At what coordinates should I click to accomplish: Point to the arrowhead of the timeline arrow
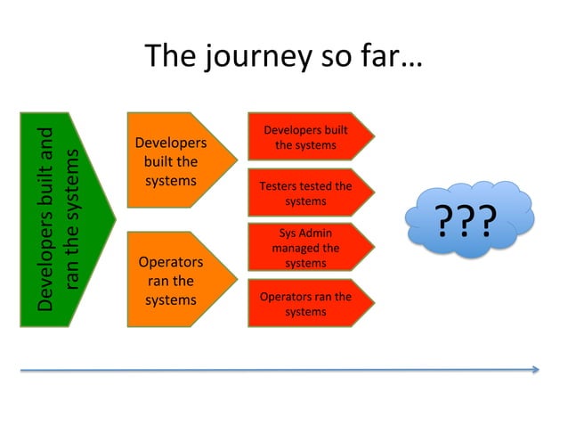coord(534,369)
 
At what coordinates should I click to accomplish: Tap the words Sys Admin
coord(305,233)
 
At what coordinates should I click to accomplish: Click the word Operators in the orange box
coord(171,262)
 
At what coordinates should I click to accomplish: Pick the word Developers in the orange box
coord(171,143)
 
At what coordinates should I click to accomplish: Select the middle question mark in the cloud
coord(464,221)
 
